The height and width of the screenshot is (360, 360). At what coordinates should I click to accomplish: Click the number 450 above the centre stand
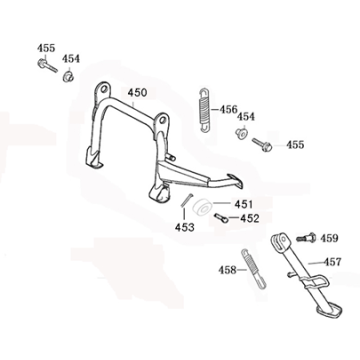click(138, 93)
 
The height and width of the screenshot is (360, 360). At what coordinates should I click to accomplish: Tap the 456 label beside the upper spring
click(228, 109)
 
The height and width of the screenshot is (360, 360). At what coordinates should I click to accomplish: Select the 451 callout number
click(244, 204)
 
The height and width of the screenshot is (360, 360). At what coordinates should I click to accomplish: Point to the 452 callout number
click(250, 218)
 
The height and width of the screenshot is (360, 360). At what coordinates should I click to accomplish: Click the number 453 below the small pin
click(185, 227)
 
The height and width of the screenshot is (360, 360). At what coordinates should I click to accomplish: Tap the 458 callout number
click(229, 269)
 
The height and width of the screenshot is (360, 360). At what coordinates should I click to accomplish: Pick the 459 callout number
click(329, 238)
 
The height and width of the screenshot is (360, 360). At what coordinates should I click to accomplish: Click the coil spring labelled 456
click(203, 107)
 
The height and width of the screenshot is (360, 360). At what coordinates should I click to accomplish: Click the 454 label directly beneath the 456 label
click(245, 117)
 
